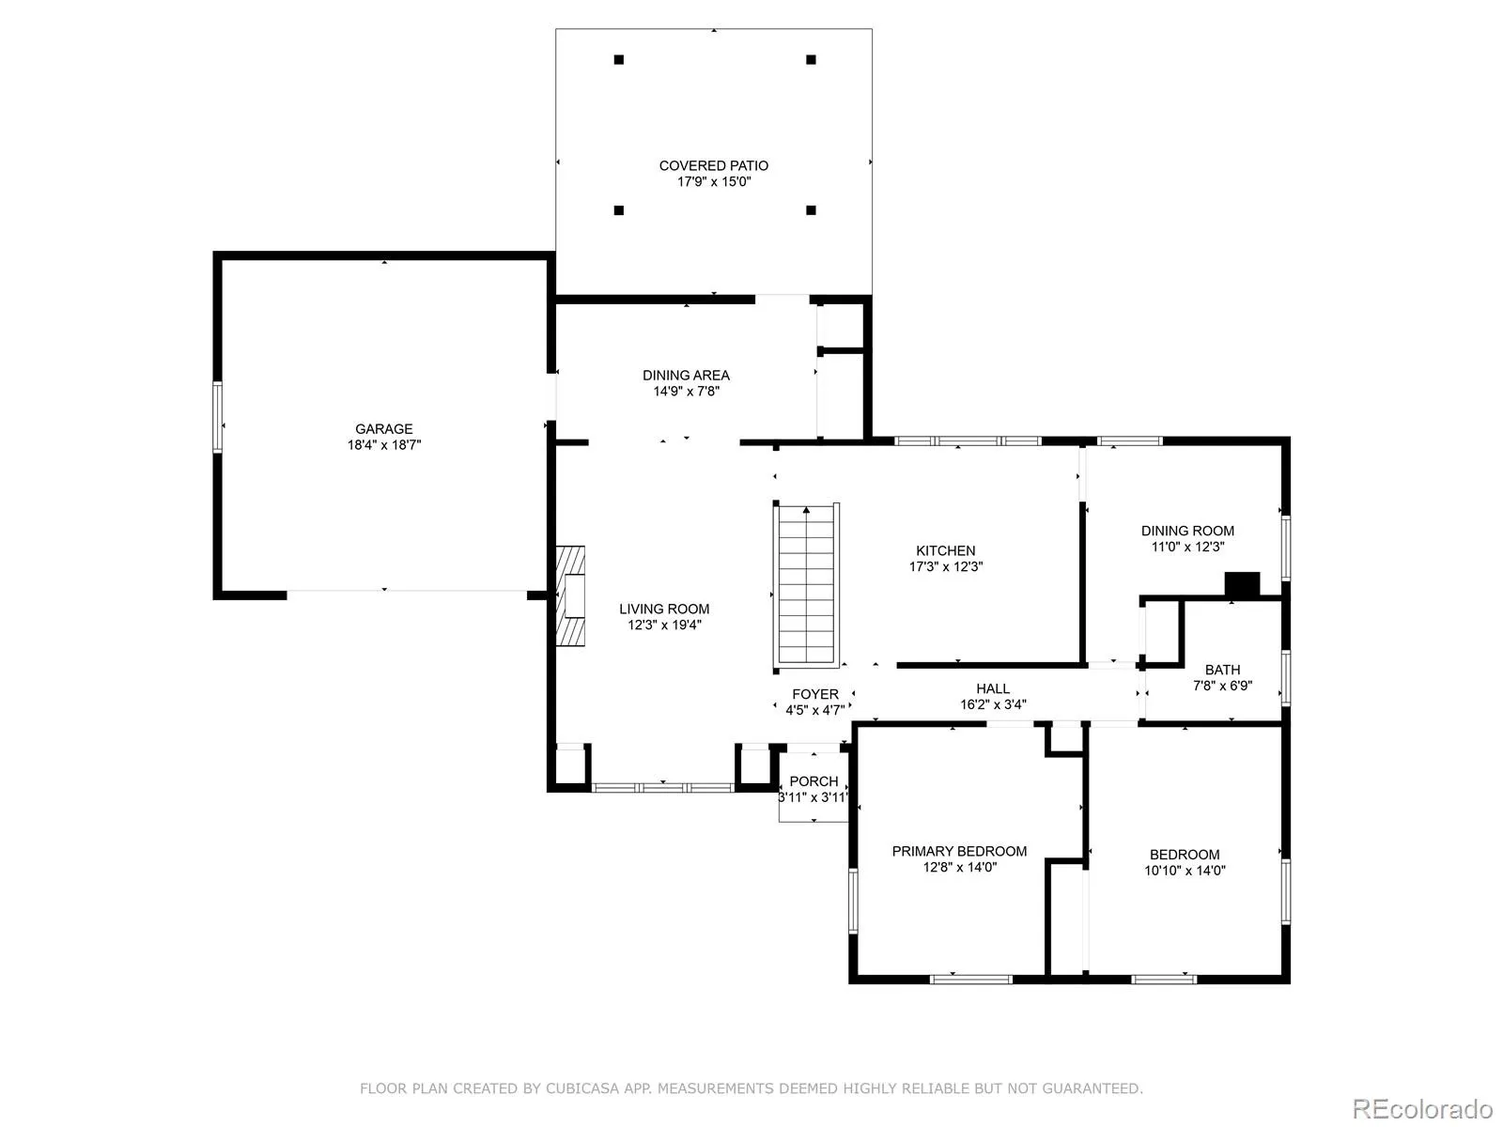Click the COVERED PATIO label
[714, 165]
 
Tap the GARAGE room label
[383, 429]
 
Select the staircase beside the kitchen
[806, 586]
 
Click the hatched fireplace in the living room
[570, 596]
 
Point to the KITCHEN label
[946, 551]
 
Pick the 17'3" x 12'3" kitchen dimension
[946, 566]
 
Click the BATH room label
[1222, 670]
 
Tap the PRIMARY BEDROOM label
[959, 851]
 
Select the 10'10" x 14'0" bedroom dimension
[1185, 871]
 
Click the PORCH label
[813, 781]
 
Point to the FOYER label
[814, 695]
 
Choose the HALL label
[993, 689]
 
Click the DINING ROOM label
[1187, 531]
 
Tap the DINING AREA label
[686, 376]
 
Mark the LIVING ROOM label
[664, 609]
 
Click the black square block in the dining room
[1242, 583]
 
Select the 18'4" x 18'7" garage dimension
[383, 445]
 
